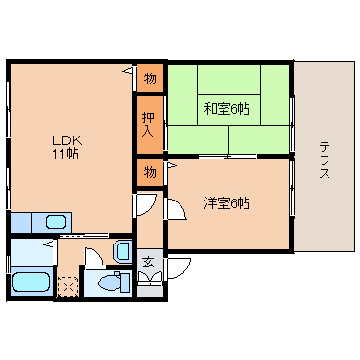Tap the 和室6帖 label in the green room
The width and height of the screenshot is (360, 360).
pyautogui.click(x=226, y=109)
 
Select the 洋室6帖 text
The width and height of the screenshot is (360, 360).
pyautogui.click(x=226, y=203)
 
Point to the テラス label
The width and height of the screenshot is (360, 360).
pyautogui.click(x=325, y=160)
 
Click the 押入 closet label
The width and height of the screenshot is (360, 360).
pyautogui.click(x=148, y=124)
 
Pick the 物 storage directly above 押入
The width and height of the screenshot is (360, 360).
pyautogui.click(x=150, y=78)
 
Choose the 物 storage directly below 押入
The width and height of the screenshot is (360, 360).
pyautogui.click(x=150, y=172)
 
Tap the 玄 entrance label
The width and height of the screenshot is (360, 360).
pyautogui.click(x=148, y=262)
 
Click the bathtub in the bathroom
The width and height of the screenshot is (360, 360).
pyautogui.click(x=32, y=282)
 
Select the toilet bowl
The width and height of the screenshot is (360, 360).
pyautogui.click(x=109, y=283)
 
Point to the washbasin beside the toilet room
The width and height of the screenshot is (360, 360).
pyautogui.click(x=122, y=251)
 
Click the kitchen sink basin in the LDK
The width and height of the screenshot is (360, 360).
pyautogui.click(x=56, y=222)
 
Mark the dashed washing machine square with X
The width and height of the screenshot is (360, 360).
pyautogui.click(x=68, y=286)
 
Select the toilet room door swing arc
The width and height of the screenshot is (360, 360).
pyautogui.click(x=94, y=255)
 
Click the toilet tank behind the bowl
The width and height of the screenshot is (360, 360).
pyautogui.click(x=125, y=283)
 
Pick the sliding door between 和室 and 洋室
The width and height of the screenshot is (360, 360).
pyautogui.click(x=227, y=156)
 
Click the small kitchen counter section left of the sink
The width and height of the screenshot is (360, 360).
pyautogui.click(x=20, y=222)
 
